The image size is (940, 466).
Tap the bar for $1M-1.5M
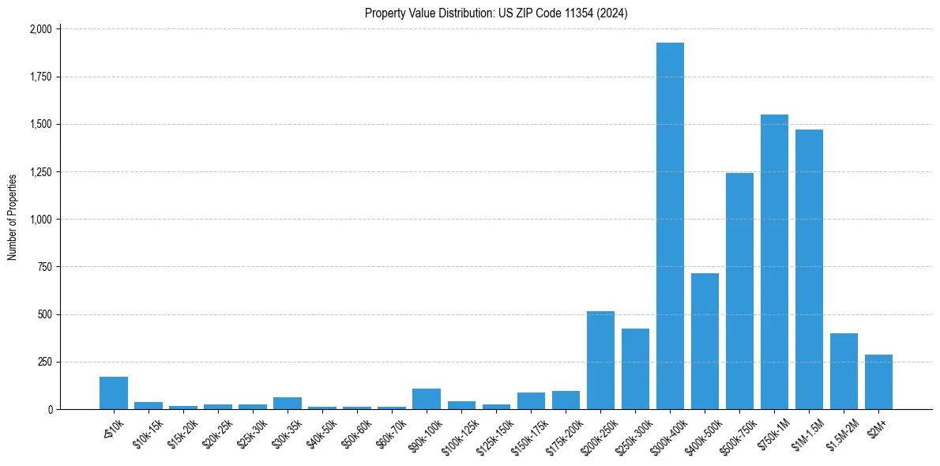click(809, 269)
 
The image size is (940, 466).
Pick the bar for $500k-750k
click(739, 291)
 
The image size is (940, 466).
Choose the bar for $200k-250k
click(600, 360)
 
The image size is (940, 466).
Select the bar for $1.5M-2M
click(844, 371)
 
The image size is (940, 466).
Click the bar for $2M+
click(878, 382)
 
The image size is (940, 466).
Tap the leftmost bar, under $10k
click(114, 393)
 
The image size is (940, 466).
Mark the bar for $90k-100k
click(427, 399)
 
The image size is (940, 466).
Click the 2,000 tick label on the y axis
click(40, 29)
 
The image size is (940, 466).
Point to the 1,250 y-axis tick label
click(40, 172)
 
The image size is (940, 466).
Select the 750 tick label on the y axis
click(45, 267)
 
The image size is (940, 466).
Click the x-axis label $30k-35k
click(287, 430)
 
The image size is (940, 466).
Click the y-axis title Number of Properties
click(12, 217)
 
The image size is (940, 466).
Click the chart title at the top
click(496, 13)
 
